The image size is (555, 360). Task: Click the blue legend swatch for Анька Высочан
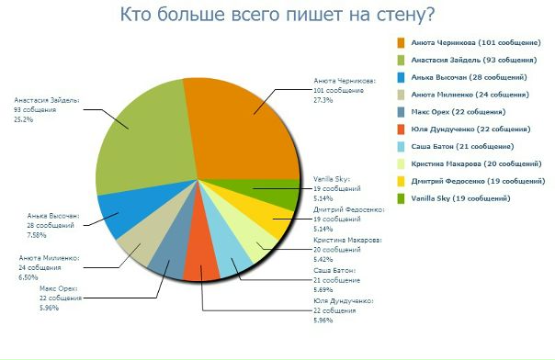click(x=402, y=76)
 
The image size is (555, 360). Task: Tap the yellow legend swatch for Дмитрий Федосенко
click(x=402, y=181)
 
